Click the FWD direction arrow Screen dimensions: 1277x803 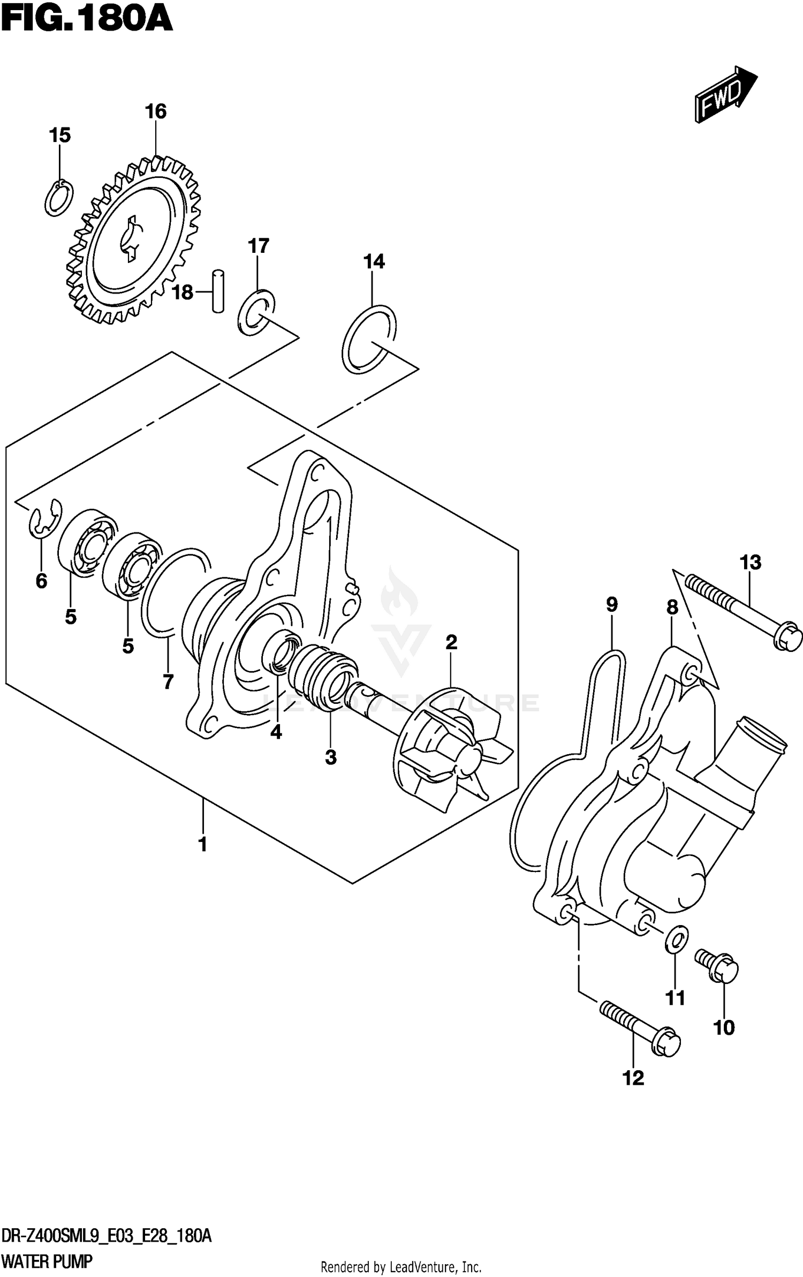tap(725, 95)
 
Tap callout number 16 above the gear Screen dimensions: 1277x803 tap(156, 111)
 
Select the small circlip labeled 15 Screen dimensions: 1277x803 tap(58, 198)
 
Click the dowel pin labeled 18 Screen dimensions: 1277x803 tap(218, 291)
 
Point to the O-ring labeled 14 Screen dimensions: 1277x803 tap(369, 339)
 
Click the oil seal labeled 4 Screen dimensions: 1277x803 tap(282, 651)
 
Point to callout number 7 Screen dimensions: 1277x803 tap(168, 682)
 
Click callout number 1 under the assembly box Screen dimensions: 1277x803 tap(202, 844)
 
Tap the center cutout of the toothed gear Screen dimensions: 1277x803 tap(131, 238)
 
